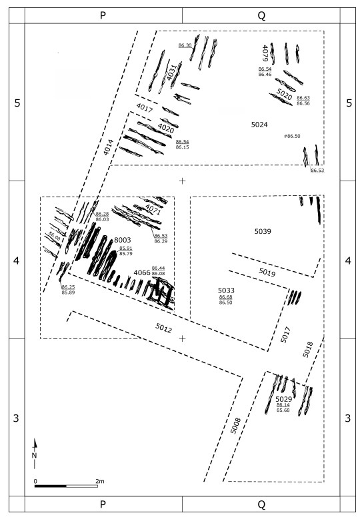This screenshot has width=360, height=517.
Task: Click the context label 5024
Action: click(x=259, y=125)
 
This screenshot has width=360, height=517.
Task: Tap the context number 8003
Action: click(x=123, y=240)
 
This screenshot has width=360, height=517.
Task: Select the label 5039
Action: click(x=263, y=231)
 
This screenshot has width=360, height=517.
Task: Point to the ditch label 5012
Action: click(x=163, y=328)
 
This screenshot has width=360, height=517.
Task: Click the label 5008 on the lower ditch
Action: click(x=235, y=426)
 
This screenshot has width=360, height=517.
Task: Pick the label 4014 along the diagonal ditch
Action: click(x=108, y=147)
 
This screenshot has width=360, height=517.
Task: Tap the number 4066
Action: click(x=142, y=272)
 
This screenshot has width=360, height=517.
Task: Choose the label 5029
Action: click(x=284, y=399)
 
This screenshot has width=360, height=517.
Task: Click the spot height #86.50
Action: click(x=292, y=136)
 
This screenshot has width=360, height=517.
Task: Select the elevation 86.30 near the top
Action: click(x=185, y=45)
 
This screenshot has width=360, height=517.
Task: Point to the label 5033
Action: click(x=226, y=290)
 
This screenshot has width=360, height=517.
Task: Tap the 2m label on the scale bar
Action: click(x=100, y=481)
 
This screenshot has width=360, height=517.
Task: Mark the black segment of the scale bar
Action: click(x=51, y=486)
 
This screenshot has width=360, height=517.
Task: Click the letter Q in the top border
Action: click(x=261, y=15)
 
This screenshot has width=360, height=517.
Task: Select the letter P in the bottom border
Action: click(x=103, y=504)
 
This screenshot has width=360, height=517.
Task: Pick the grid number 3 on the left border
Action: click(x=16, y=418)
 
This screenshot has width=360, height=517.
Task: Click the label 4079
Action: click(x=265, y=53)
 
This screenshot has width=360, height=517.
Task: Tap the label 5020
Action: click(x=284, y=95)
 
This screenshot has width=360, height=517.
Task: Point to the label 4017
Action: click(x=144, y=107)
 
